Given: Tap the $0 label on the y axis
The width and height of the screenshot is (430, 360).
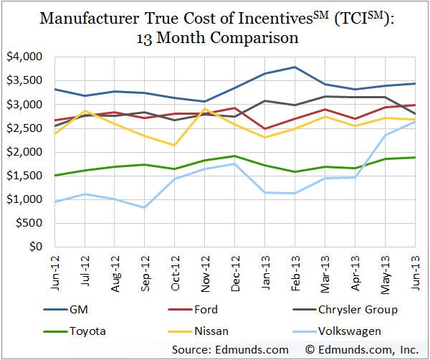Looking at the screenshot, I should point(33,247).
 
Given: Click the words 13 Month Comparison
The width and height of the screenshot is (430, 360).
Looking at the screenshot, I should point(216,36).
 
